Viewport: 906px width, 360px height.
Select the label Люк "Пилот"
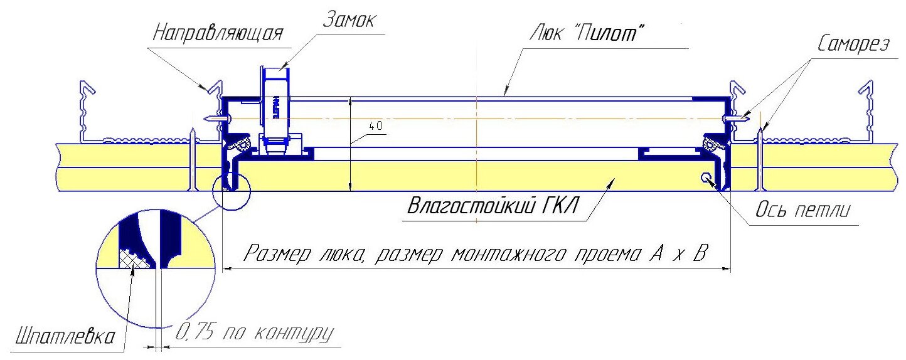pyautogui.click(x=589, y=34)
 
